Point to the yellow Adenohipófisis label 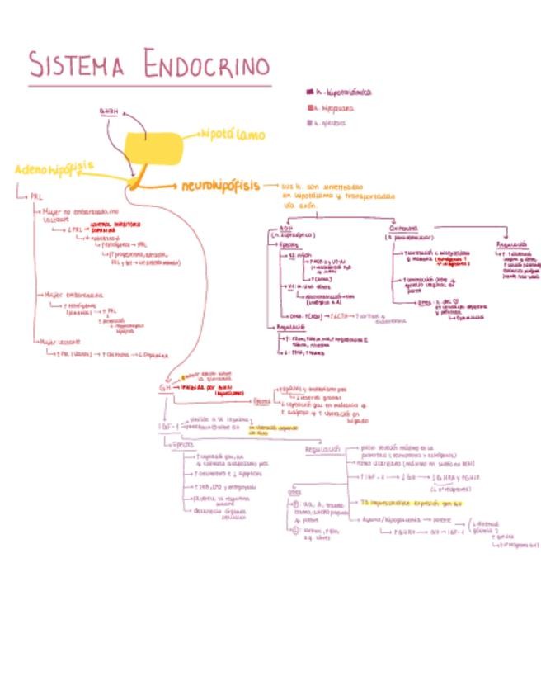[x=54, y=168]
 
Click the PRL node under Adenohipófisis [x=35, y=197]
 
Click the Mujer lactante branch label [x=61, y=340]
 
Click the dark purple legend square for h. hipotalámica [x=309, y=92]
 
